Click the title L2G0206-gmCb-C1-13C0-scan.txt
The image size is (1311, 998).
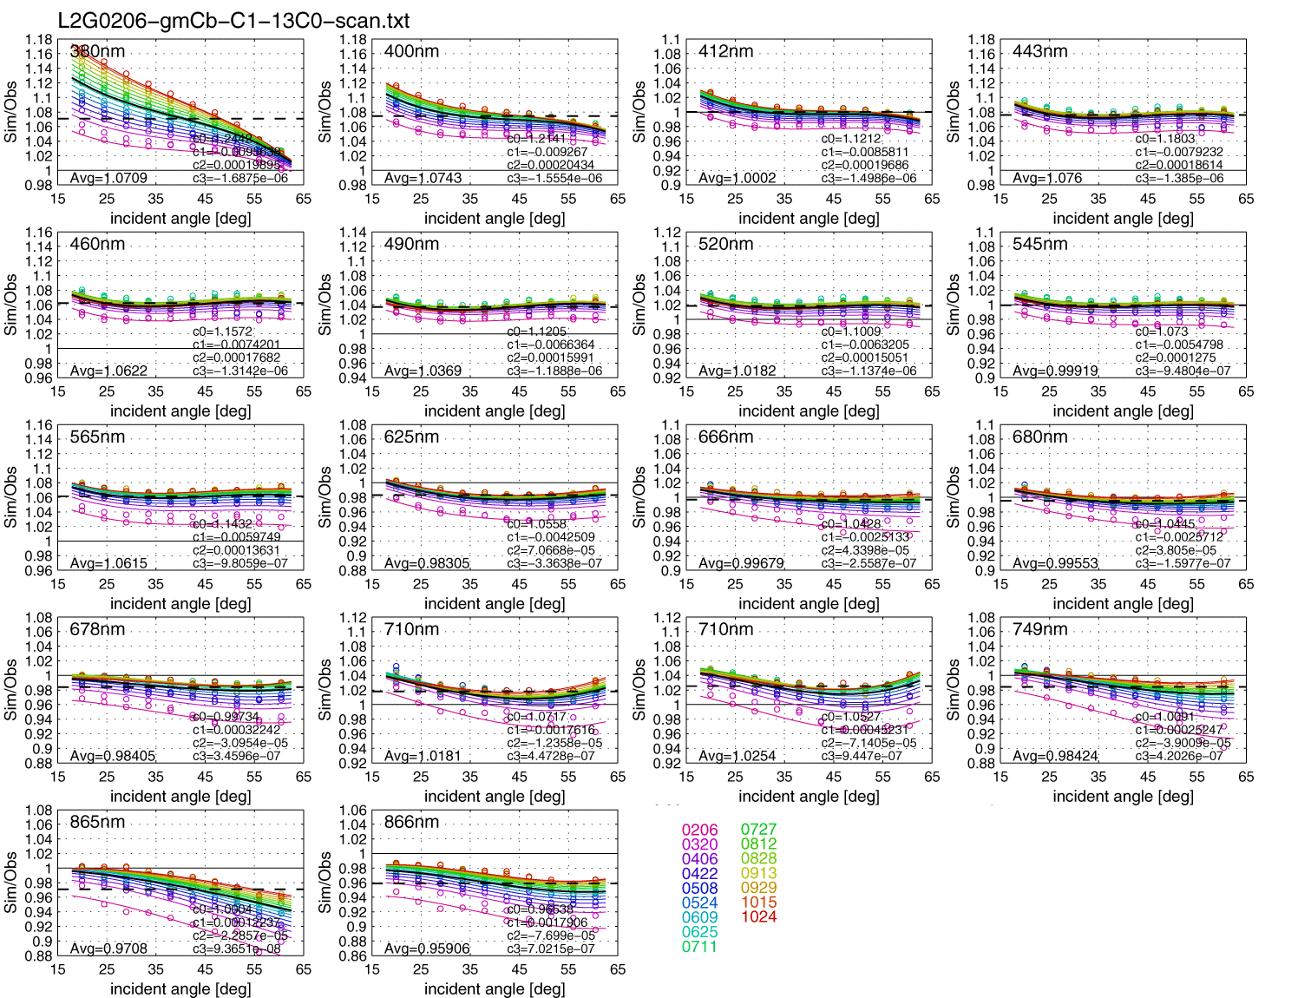233,21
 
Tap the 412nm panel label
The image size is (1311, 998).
725,51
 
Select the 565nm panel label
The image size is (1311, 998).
97,437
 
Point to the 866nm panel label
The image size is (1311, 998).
411,822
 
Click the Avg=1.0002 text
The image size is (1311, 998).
737,178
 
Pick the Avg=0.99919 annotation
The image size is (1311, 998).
1055,371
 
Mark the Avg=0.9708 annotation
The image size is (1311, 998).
108,949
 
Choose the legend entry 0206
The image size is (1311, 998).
699,830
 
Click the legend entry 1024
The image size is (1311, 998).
758,916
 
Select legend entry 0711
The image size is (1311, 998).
699,947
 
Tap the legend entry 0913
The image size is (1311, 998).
758,873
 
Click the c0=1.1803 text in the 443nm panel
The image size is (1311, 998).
1165,139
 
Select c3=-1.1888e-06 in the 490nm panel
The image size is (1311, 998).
554,371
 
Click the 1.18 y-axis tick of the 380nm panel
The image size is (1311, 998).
38,39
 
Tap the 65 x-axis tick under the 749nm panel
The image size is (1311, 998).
1246,777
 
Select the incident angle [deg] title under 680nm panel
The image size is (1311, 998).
1123,603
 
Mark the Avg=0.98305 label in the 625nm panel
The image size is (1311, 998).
426,563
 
